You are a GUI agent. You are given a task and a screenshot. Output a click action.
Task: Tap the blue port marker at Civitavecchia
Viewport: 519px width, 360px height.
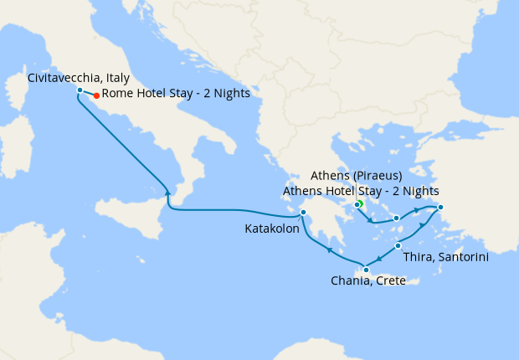click(x=80, y=90)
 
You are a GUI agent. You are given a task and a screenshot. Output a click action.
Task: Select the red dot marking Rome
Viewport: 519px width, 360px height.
click(x=97, y=95)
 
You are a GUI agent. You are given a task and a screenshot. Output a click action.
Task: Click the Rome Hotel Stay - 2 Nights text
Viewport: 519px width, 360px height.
click(x=176, y=94)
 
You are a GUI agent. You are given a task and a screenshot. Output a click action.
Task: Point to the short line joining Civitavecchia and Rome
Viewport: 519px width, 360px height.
click(x=89, y=93)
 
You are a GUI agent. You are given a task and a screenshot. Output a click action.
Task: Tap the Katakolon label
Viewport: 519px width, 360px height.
click(x=272, y=228)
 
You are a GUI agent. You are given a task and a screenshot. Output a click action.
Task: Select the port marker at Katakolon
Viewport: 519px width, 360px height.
click(x=304, y=212)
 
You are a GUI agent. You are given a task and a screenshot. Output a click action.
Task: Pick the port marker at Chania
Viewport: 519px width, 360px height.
click(x=365, y=269)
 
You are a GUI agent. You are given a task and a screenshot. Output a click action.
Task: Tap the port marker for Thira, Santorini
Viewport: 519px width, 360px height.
click(x=398, y=245)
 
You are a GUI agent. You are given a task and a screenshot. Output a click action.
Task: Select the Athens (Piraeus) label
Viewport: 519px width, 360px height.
click(x=357, y=176)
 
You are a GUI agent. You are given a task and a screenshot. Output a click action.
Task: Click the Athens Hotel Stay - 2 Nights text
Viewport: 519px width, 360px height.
click(x=361, y=191)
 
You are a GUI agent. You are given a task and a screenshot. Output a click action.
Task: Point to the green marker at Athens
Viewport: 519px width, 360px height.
click(x=358, y=204)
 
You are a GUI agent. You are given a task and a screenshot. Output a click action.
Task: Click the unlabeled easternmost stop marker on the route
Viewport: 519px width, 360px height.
click(x=440, y=208)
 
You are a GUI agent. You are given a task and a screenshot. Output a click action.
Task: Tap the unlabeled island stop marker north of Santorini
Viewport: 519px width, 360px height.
click(x=396, y=219)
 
